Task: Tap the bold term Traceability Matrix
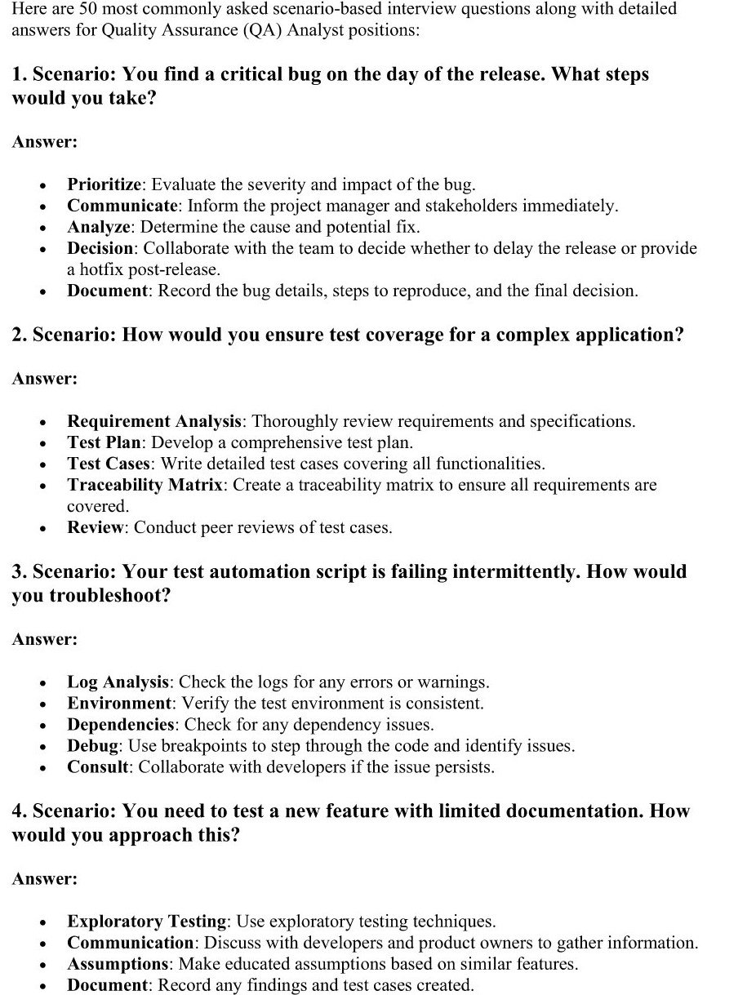145,485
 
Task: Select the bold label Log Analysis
118,682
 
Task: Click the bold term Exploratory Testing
147,922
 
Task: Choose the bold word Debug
94,745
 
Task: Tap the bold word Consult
98,766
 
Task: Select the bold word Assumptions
118,964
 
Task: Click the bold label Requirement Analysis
154,421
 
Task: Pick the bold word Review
96,527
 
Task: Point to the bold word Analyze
99,227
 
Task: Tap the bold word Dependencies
121,724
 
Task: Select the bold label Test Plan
105,442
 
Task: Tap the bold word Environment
119,703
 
